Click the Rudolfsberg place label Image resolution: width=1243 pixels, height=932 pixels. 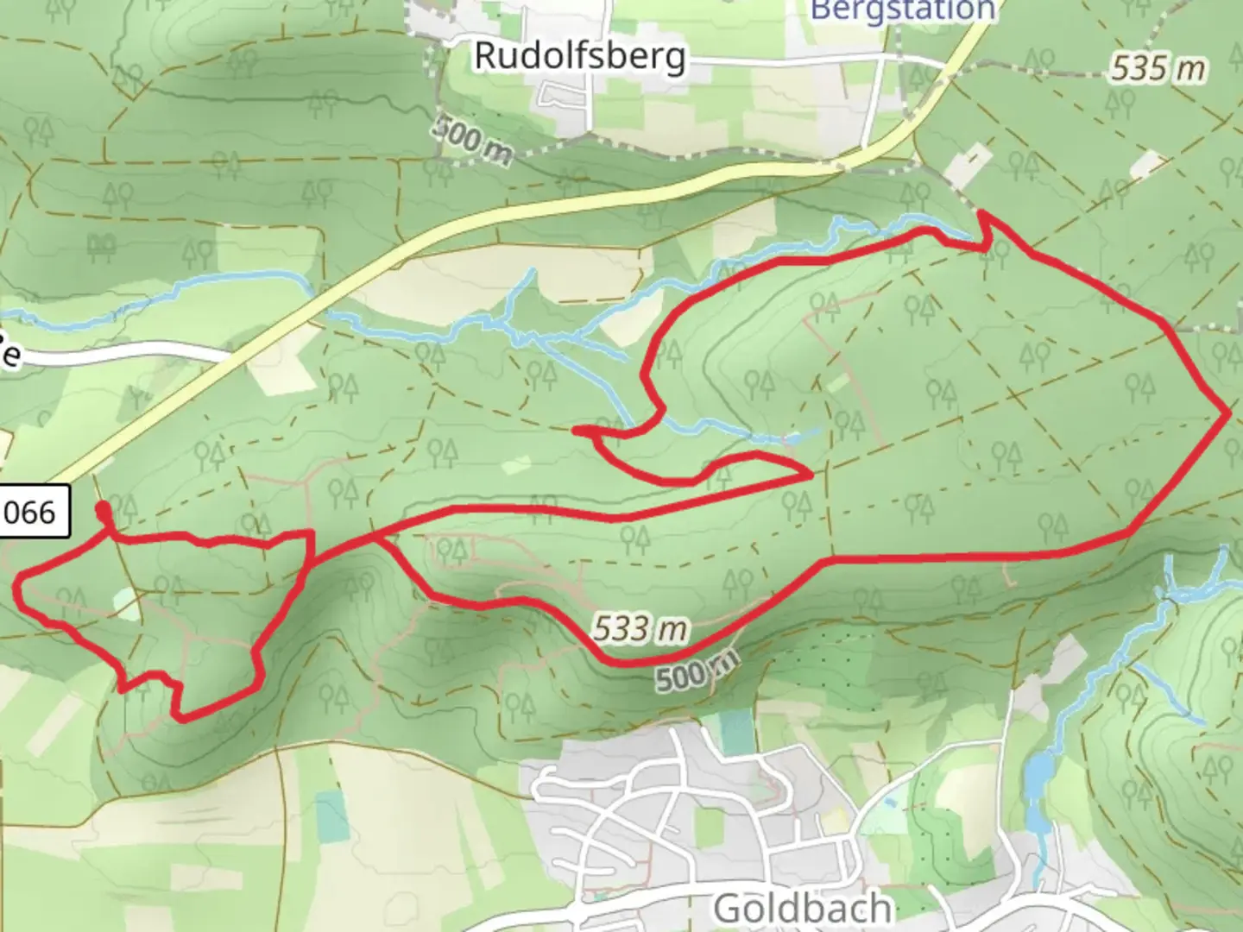[580, 56]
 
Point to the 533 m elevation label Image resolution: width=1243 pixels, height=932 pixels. [640, 629]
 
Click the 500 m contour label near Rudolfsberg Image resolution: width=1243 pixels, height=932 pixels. [473, 139]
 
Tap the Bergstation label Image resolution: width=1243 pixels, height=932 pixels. [904, 10]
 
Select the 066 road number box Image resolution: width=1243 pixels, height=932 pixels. [33, 513]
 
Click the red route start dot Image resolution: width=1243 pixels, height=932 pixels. [104, 508]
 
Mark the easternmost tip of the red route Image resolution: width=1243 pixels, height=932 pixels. [1228, 414]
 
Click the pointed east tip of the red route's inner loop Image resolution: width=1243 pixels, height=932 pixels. [811, 474]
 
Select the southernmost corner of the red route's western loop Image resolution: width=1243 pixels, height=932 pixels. [178, 716]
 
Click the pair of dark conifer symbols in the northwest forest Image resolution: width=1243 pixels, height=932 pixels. [102, 247]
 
